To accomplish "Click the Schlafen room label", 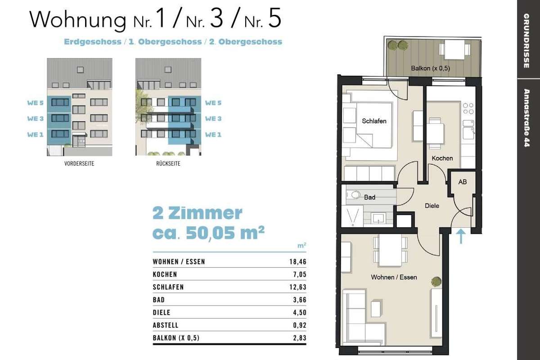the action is (374, 121).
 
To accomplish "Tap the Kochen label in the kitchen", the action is (442, 158).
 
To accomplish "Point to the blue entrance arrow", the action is (461, 236).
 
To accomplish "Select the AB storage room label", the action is (463, 182).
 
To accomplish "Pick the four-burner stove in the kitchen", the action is (468, 108).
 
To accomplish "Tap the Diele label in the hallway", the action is (432, 206).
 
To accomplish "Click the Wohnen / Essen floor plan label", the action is (394, 277).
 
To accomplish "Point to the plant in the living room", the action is (436, 282).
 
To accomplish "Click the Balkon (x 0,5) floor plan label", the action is (430, 68).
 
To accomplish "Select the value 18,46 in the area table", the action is (298, 261).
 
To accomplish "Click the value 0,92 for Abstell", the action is (300, 325).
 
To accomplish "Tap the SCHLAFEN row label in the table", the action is (168, 287).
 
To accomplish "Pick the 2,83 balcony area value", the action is (300, 338).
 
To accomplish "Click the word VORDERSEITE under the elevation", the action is (79, 163).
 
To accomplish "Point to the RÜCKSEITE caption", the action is (168, 163).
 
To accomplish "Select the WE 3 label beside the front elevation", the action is (36, 119).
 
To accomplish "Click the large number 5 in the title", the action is (274, 18).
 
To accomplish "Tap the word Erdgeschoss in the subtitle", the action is (93, 42).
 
